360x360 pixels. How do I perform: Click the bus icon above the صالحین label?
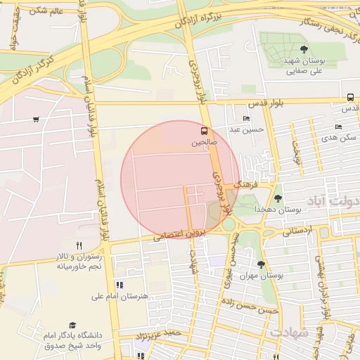point(205,131)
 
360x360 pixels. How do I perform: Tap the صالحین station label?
point(205,142)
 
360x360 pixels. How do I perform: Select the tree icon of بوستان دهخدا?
point(278,198)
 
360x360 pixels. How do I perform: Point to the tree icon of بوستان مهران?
point(261,265)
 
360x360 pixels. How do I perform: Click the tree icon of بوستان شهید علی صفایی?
point(303,49)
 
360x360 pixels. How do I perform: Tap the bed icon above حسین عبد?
point(245,118)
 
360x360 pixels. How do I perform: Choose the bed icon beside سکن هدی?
point(338,127)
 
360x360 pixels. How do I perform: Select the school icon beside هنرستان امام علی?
point(120,285)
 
